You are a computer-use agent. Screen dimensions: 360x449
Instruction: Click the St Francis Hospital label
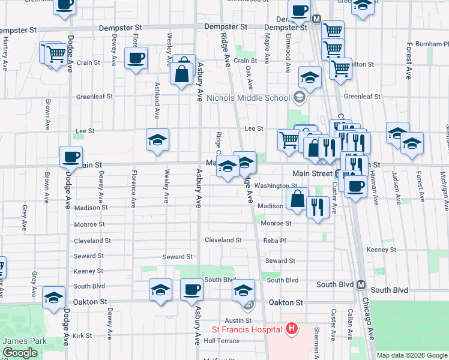point(246,329)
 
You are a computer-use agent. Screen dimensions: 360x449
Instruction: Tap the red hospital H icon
point(291,329)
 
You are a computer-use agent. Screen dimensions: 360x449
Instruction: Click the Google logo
point(20,353)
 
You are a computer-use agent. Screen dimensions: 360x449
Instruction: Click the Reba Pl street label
point(274,240)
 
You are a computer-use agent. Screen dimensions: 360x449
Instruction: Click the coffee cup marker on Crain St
point(136,59)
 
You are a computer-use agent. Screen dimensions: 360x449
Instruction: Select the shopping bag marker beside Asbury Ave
point(181,74)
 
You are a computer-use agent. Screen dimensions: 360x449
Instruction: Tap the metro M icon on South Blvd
point(361,284)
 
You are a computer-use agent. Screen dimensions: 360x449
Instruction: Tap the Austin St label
point(238,321)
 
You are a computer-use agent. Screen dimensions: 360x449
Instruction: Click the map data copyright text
point(411,355)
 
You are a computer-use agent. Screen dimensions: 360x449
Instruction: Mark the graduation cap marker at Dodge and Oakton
point(53,297)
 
